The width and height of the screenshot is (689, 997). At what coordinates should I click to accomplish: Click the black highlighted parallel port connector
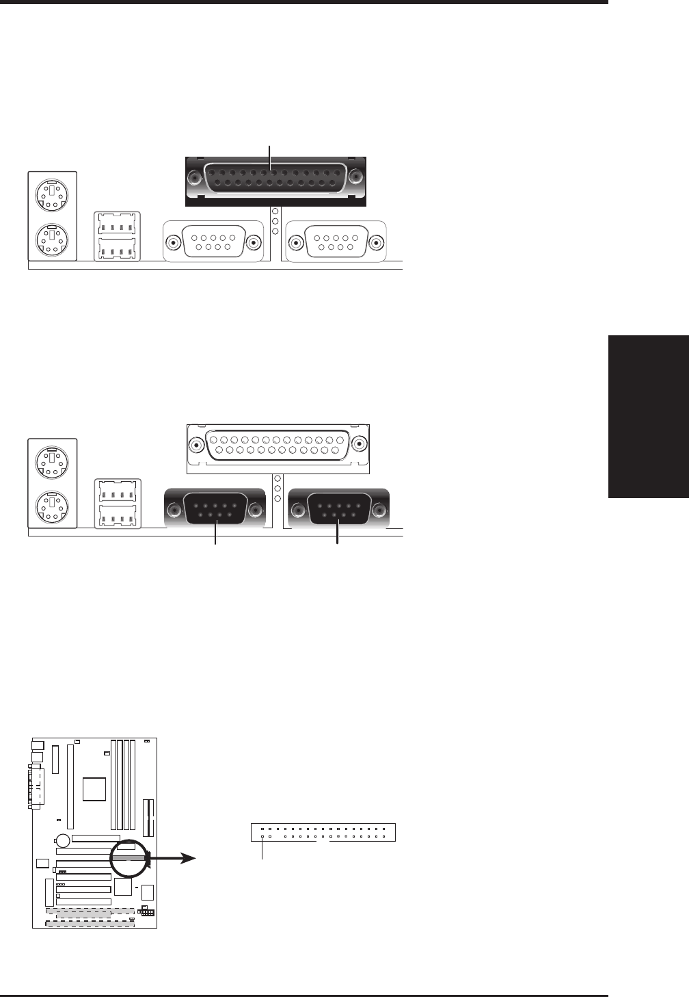pyautogui.click(x=275, y=180)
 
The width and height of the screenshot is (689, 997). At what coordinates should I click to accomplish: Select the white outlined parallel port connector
pyautogui.click(x=277, y=448)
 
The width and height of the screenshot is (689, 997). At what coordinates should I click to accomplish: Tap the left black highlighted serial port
pyautogui.click(x=215, y=508)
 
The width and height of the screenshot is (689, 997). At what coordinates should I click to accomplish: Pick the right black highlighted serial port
pyautogui.click(x=338, y=508)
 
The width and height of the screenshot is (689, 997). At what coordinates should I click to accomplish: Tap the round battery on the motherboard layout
pyautogui.click(x=62, y=840)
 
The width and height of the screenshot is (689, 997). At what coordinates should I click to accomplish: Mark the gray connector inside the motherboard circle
pyautogui.click(x=129, y=857)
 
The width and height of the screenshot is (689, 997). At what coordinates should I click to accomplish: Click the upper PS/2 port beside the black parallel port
pyautogui.click(x=53, y=194)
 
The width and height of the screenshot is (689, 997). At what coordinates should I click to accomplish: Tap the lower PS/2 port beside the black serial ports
pyautogui.click(x=53, y=506)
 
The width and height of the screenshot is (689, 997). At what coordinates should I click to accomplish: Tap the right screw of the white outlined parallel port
pyautogui.click(x=357, y=445)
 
